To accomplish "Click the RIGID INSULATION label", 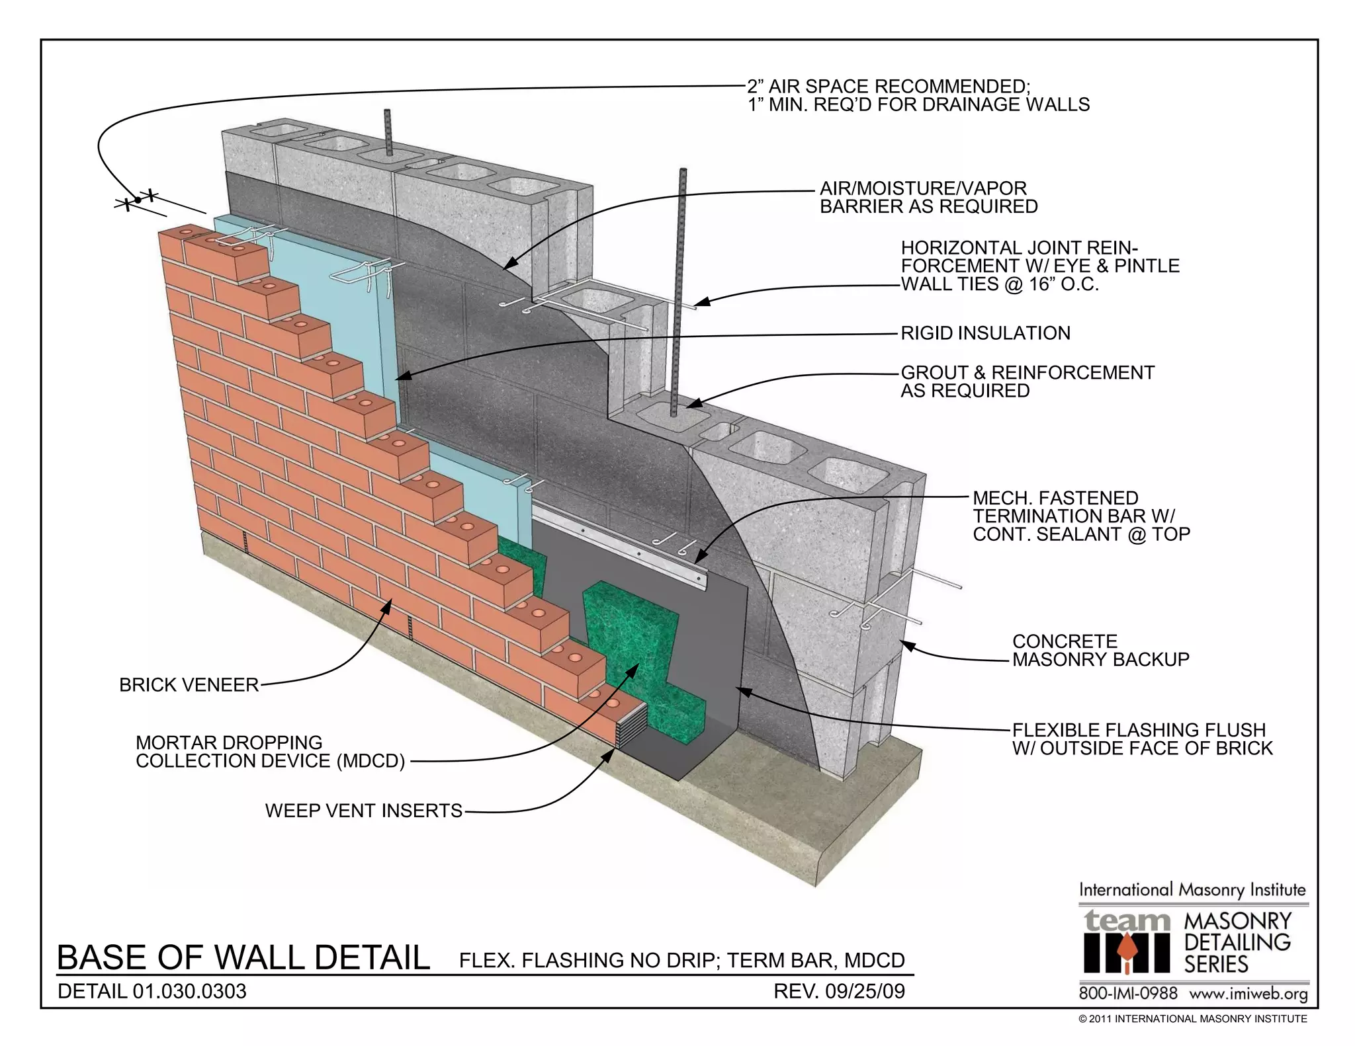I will (985, 333).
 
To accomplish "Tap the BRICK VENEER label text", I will (189, 685).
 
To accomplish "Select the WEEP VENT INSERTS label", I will (363, 811).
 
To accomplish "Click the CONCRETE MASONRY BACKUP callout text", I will (1100, 651).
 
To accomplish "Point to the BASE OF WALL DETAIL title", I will (243, 958).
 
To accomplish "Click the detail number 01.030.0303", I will (189, 992).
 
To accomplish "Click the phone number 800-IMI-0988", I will (1128, 994).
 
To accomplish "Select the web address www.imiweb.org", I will (1248, 994).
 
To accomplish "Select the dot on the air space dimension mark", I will (138, 200).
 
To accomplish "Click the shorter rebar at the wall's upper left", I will (388, 132).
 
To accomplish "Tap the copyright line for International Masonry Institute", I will (1192, 1019).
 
